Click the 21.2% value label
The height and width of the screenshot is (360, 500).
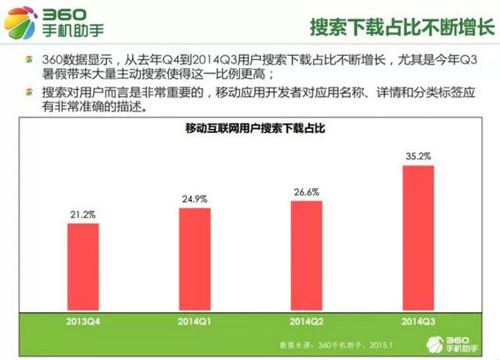[x=82, y=214]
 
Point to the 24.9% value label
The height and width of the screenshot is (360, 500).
[x=194, y=198]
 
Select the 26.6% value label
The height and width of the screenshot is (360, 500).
[x=306, y=191]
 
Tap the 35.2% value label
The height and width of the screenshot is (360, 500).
[x=418, y=156]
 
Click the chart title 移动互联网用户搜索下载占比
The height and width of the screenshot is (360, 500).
[x=250, y=129]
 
